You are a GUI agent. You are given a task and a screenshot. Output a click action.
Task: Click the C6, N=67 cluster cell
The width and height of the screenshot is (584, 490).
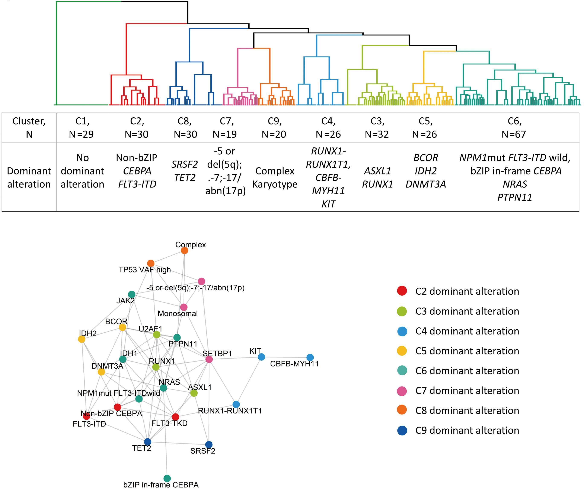tap(514, 128)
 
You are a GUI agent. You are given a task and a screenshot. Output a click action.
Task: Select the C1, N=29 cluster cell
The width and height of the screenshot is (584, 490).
tap(82, 128)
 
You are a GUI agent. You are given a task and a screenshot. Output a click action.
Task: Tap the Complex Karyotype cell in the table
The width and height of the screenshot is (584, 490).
tap(275, 177)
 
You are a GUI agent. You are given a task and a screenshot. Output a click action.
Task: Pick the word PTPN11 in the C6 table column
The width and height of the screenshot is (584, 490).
tap(514, 197)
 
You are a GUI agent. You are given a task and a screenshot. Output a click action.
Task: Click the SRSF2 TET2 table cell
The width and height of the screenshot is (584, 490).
tap(185, 171)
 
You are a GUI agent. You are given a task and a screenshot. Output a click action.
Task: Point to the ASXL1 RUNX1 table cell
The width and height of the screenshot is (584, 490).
tap(377, 177)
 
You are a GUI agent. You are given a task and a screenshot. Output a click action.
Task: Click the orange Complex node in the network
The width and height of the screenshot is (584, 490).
tap(185, 251)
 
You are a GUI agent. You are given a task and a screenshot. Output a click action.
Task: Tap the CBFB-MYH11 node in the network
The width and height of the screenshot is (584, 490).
tap(310, 357)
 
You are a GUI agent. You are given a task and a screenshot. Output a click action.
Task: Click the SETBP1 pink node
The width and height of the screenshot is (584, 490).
tap(209, 359)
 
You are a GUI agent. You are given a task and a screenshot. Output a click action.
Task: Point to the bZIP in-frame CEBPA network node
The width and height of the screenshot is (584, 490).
tap(167, 478)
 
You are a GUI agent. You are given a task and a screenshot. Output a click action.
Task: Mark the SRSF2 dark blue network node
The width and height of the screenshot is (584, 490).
tap(209, 445)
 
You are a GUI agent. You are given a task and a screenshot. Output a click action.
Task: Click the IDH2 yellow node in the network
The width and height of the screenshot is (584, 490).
tap(82, 339)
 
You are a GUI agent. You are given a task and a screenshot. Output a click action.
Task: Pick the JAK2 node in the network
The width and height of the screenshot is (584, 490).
tap(132, 294)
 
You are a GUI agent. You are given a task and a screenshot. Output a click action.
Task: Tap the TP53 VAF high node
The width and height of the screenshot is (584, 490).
tap(150, 263)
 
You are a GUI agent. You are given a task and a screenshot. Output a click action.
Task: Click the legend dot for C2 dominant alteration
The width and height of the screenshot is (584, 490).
tap(402, 291)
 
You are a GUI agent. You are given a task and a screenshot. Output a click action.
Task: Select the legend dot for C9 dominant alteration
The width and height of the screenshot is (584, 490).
tap(402, 430)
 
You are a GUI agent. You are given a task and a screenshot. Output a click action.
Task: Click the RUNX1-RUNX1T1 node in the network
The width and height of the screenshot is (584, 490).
tap(236, 404)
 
